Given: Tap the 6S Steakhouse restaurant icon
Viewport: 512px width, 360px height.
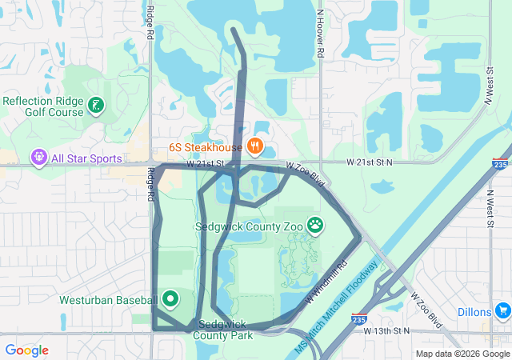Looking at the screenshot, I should (x=254, y=146).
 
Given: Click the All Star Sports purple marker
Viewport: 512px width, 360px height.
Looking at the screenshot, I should (x=38, y=158).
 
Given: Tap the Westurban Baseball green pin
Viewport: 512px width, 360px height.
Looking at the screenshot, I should (x=170, y=299).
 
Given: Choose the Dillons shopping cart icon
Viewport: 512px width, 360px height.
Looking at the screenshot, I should (x=502, y=310).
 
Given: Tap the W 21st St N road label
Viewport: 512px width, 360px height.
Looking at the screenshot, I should (x=370, y=162).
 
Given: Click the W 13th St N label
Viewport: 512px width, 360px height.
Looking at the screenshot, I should (x=386, y=330).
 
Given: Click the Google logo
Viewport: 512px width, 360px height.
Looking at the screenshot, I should (x=26, y=350).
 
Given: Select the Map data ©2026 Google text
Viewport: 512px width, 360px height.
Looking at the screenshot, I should (x=462, y=354).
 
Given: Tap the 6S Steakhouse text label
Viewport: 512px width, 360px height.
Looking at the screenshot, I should (x=205, y=148).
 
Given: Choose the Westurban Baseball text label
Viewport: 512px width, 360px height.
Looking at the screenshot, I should (x=108, y=300).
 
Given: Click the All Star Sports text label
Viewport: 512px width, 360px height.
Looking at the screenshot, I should (x=86, y=159).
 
